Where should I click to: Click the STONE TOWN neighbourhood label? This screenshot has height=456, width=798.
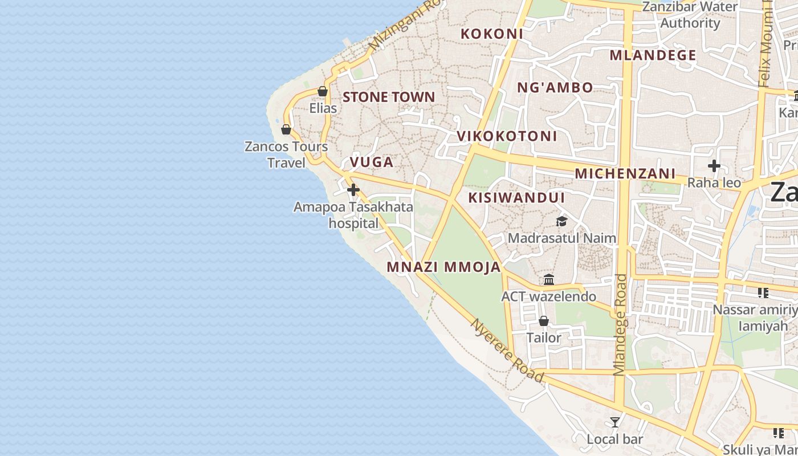tap(389, 97)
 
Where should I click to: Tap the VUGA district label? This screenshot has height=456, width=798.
tap(372, 162)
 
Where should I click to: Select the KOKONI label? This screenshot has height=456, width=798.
tap(492, 34)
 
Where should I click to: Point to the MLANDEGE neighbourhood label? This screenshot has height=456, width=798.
tap(653, 55)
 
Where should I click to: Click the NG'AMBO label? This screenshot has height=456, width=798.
tap(555, 87)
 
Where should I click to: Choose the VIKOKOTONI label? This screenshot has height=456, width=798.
tap(507, 136)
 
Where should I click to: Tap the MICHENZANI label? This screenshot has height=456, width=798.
tap(625, 173)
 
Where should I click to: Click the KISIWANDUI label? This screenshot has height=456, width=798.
tap(516, 198)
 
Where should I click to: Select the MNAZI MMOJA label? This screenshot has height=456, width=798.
tap(443, 267)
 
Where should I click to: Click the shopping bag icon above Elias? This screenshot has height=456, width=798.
tap(323, 91)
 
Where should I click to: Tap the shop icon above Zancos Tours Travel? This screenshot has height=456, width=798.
tap(286, 130)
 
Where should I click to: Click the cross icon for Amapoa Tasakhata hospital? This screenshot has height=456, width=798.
tap(353, 189)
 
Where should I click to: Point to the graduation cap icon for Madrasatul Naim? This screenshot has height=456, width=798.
tap(562, 221)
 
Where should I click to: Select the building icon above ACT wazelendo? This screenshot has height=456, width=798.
tap(549, 280)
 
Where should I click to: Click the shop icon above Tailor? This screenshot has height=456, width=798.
tap(544, 321)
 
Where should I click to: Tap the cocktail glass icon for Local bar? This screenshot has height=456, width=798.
tap(615, 422)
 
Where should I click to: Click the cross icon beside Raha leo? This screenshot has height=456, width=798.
tap(714, 166)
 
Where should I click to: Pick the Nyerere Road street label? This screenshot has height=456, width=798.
tap(507, 350)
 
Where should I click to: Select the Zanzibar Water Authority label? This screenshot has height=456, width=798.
tap(690, 15)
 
